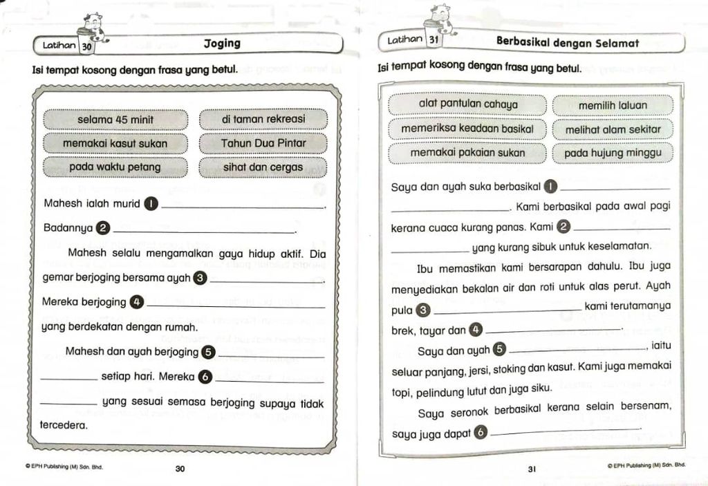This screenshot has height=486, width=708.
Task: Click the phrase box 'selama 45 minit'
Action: (x=115, y=120)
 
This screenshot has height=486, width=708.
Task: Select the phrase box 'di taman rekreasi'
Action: (x=263, y=119)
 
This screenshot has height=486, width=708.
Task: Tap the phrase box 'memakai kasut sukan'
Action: (x=115, y=143)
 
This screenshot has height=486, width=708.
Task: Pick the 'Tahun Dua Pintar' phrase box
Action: (x=263, y=143)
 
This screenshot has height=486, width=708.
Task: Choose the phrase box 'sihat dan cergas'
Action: (x=263, y=167)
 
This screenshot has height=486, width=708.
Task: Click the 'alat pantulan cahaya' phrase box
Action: (x=468, y=104)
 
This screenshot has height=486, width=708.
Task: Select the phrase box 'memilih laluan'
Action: (x=613, y=105)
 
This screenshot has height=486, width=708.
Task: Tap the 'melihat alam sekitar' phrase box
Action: (x=613, y=129)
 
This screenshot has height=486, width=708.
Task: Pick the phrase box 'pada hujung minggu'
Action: (x=613, y=153)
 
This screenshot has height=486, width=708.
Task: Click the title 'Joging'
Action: (x=222, y=44)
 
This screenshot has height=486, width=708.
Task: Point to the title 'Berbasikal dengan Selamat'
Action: (x=567, y=42)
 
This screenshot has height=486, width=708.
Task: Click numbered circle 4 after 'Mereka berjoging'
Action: (x=136, y=301)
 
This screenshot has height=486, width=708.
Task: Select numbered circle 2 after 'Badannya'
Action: (x=102, y=227)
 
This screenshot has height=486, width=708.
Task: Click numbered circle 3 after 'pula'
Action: (x=424, y=310)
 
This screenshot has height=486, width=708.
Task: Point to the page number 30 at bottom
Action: (x=180, y=469)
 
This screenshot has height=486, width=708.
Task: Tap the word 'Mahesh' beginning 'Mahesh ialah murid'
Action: (x=63, y=204)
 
